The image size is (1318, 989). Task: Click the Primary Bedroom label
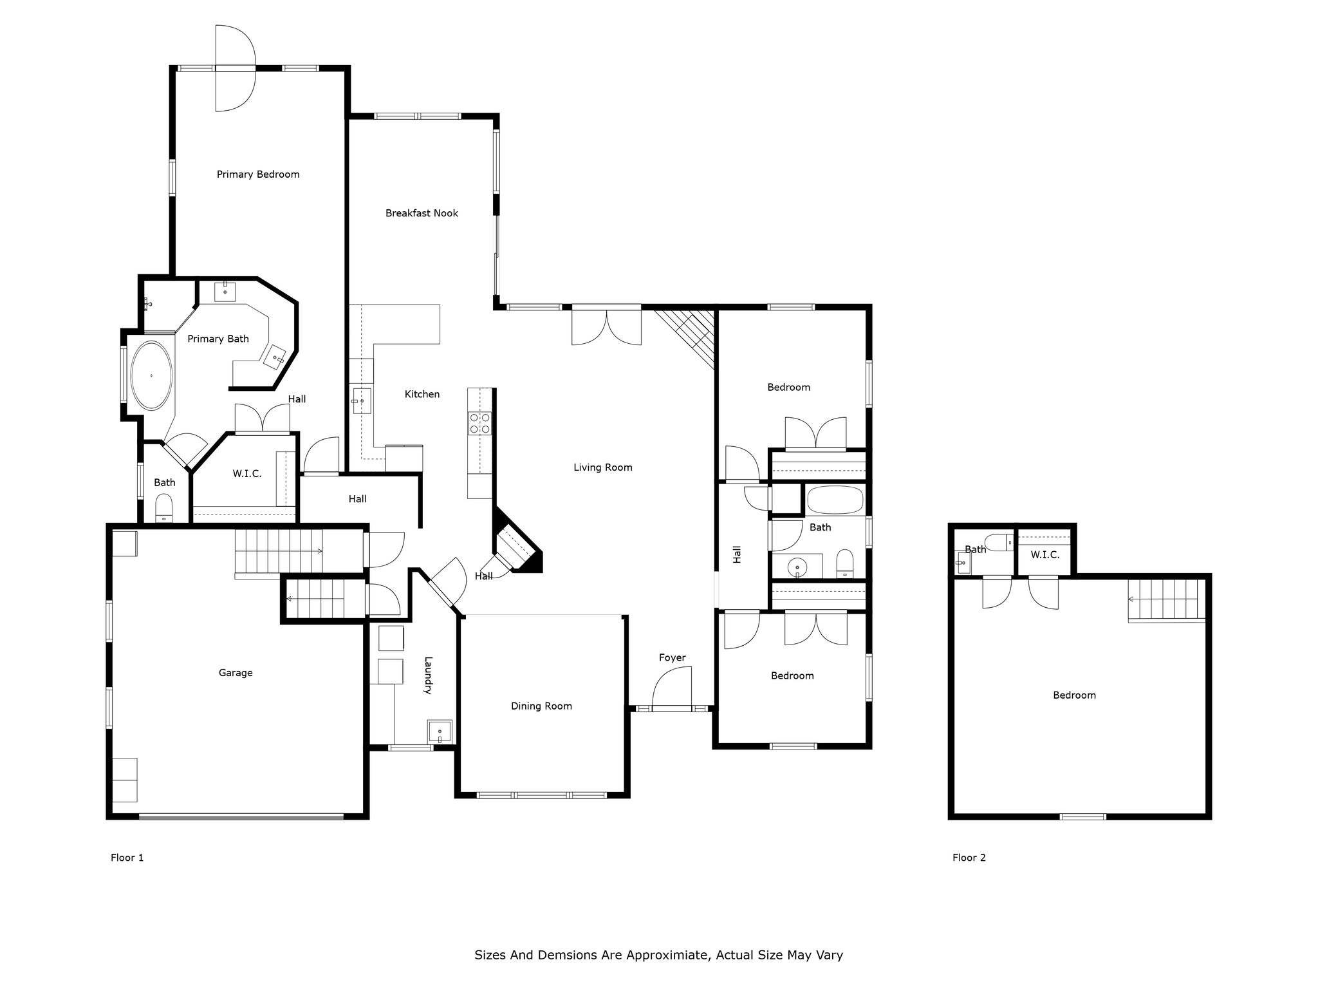258,174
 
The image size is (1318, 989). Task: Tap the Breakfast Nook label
422,213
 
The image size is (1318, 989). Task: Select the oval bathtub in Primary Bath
152,375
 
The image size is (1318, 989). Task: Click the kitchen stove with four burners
480,423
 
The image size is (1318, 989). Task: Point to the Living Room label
603,467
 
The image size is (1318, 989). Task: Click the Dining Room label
541,706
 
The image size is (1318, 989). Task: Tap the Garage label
236,673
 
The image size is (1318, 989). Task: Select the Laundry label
427,675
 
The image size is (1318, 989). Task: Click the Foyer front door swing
671,688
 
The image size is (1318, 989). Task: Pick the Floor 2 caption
969,858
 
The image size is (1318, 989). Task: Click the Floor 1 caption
127,858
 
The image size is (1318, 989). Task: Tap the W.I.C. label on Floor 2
1044,554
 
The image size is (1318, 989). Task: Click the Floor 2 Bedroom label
1074,695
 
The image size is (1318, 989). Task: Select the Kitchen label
422,394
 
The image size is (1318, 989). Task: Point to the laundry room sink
440,731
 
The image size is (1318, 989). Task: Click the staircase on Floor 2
1166,601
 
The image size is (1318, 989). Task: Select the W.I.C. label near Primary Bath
247,474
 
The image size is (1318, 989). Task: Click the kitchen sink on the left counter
362,402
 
